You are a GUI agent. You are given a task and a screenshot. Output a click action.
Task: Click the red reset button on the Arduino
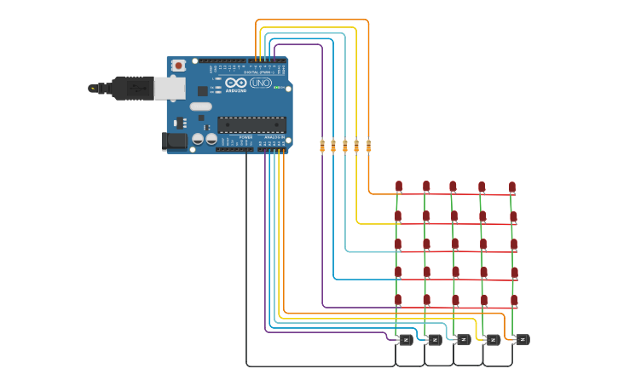tap(178, 66)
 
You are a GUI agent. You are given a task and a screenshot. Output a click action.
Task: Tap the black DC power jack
tap(174, 141)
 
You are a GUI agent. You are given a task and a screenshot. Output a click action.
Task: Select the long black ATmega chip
tap(251, 124)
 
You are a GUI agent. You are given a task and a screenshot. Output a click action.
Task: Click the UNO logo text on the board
tap(260, 84)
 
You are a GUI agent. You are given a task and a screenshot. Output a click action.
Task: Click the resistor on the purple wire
tap(322, 146)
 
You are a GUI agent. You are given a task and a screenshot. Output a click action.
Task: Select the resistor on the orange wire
tap(368, 146)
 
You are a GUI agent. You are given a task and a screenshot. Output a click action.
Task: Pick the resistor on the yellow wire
tap(356, 146)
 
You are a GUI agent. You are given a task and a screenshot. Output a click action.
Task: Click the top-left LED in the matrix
tap(399, 186)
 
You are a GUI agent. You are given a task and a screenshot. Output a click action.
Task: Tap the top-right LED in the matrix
tap(512, 186)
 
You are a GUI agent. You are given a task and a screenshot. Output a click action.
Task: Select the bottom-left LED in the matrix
tap(399, 300)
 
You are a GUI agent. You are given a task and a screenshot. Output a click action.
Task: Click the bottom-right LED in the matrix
tap(514, 300)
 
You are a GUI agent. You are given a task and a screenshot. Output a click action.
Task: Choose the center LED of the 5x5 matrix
tap(454, 245)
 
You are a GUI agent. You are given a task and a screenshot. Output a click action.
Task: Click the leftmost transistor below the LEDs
tap(406, 340)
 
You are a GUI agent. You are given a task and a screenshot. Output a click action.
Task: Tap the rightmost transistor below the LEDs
tap(522, 340)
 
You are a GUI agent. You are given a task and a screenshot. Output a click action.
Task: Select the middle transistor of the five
tap(464, 340)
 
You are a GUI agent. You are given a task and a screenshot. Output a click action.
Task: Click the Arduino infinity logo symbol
tap(236, 84)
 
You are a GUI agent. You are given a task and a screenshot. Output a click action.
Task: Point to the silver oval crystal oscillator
tap(200, 107)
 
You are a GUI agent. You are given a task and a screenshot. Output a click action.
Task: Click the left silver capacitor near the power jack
tap(198, 138)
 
